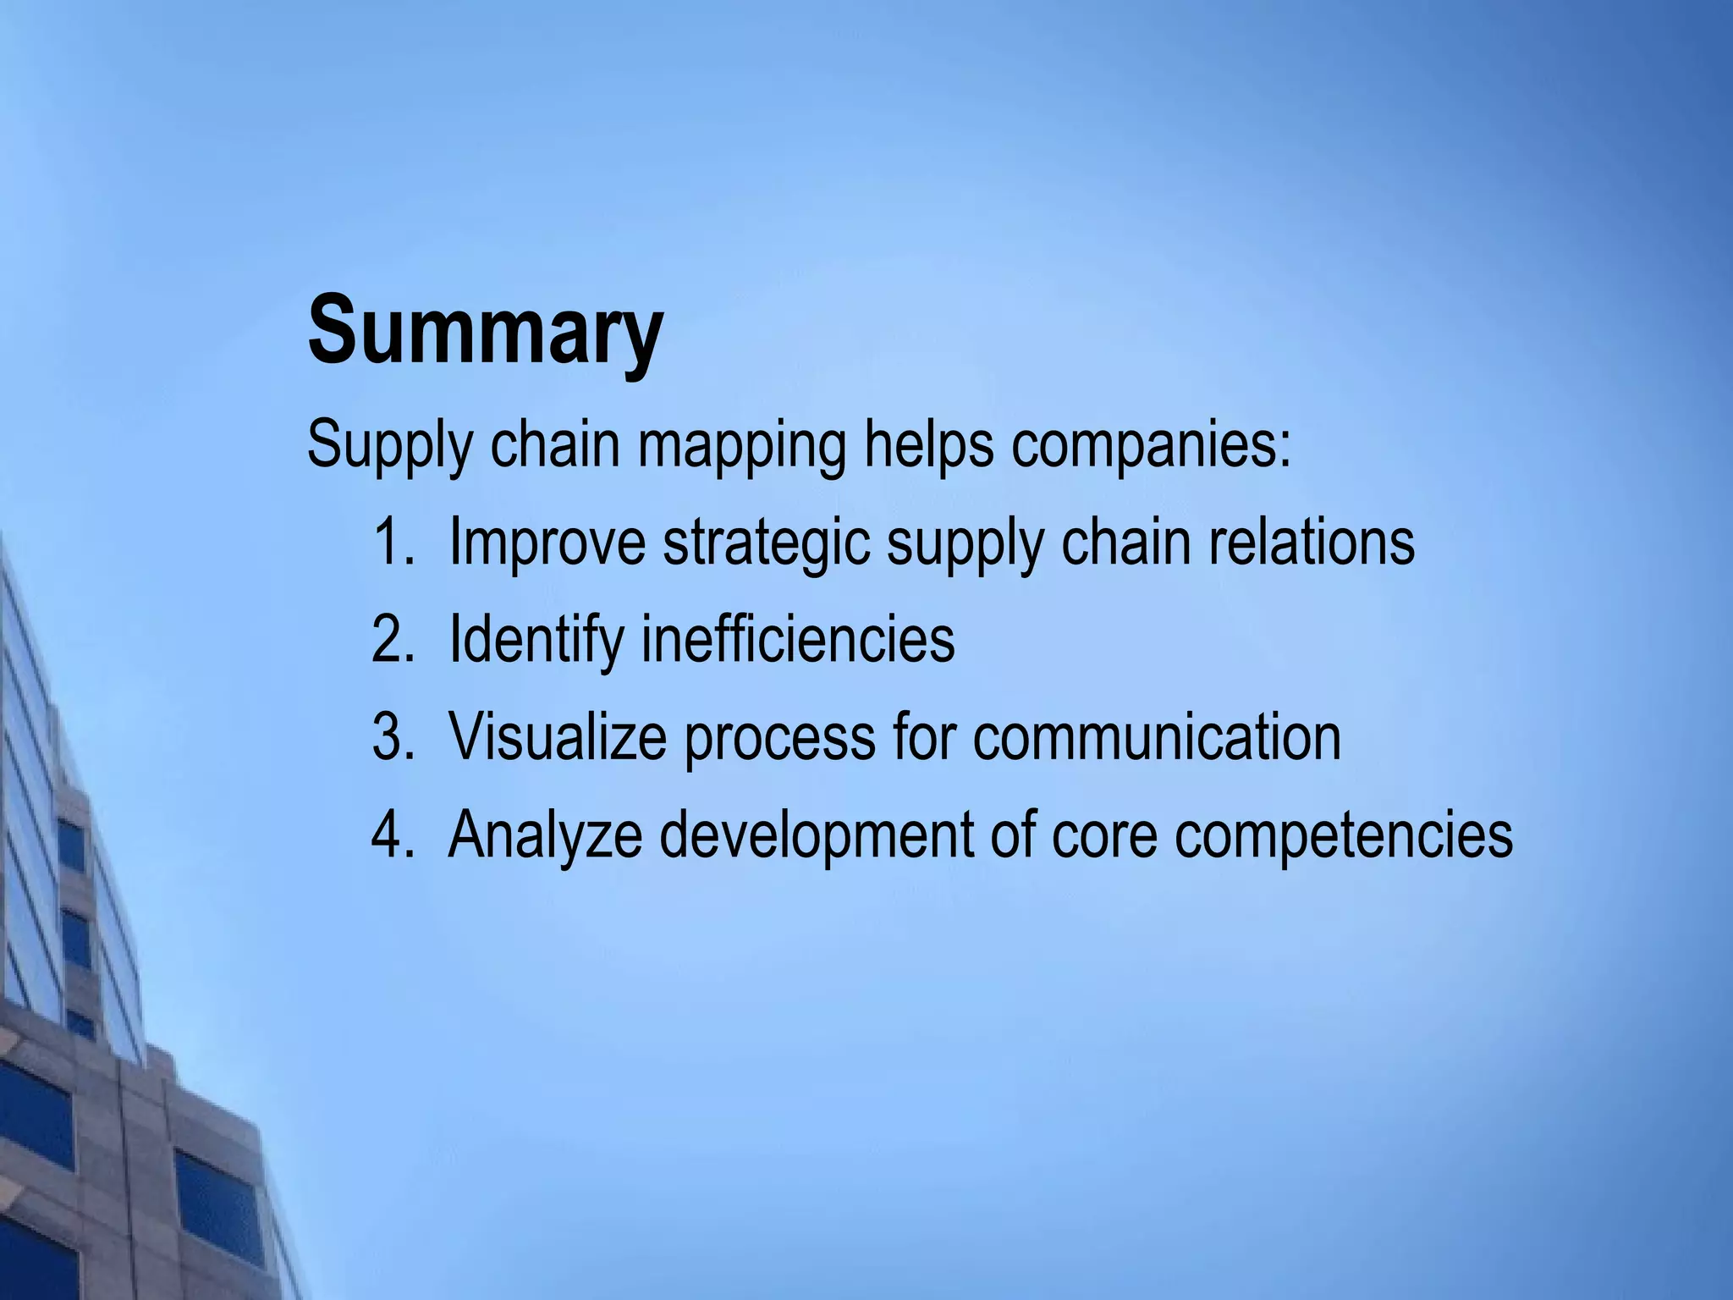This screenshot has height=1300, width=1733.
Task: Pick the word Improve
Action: (547, 543)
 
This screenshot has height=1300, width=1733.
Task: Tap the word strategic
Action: (766, 543)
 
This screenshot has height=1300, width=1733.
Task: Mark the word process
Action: (779, 738)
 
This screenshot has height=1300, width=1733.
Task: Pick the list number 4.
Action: (392, 835)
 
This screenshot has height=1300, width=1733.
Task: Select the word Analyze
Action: (545, 836)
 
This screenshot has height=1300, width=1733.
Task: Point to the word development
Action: (817, 836)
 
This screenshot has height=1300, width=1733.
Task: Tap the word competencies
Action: (1344, 836)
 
